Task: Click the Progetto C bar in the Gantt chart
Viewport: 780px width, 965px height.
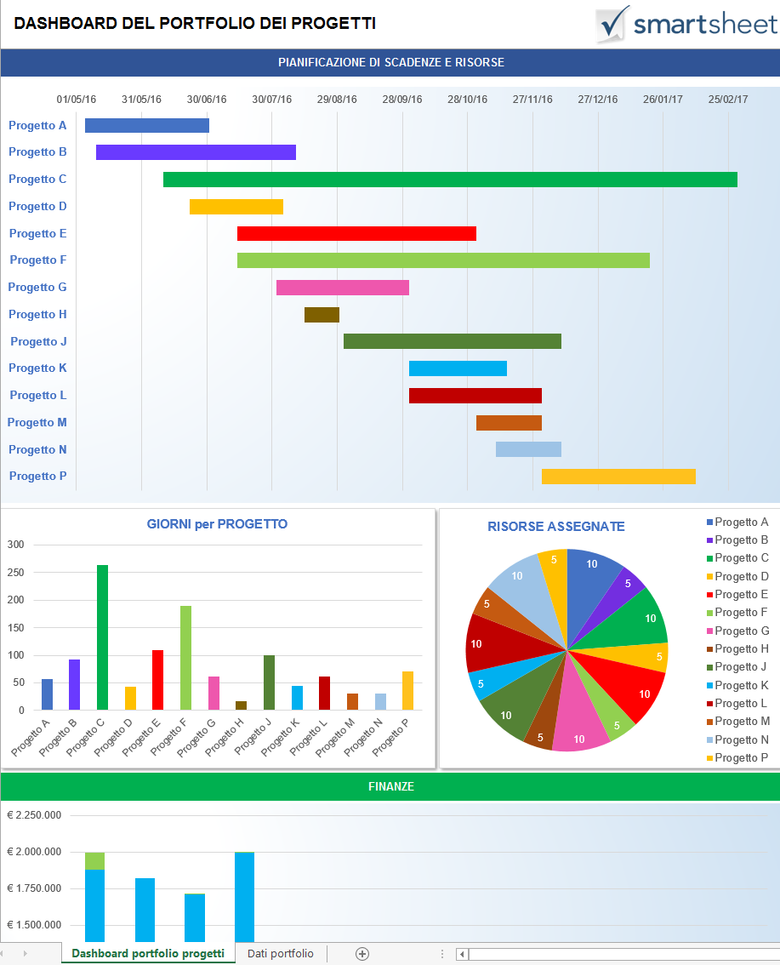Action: point(450,180)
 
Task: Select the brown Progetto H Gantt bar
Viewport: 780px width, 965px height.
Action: point(322,315)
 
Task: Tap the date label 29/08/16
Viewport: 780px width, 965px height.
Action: point(337,100)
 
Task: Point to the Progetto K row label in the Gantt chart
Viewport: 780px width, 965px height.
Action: point(38,368)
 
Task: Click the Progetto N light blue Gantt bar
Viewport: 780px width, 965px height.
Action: point(528,449)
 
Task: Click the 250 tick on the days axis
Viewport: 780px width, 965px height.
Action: point(15,573)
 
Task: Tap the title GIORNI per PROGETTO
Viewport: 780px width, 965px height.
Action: point(217,524)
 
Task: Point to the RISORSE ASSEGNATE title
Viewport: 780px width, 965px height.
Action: point(555,527)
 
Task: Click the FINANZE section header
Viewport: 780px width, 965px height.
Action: point(390,787)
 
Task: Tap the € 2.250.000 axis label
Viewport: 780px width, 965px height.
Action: point(34,815)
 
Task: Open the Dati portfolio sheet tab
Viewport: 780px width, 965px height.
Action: point(280,954)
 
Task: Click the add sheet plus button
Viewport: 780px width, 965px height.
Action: point(362,954)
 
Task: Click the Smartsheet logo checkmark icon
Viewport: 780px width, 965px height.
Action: point(612,24)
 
